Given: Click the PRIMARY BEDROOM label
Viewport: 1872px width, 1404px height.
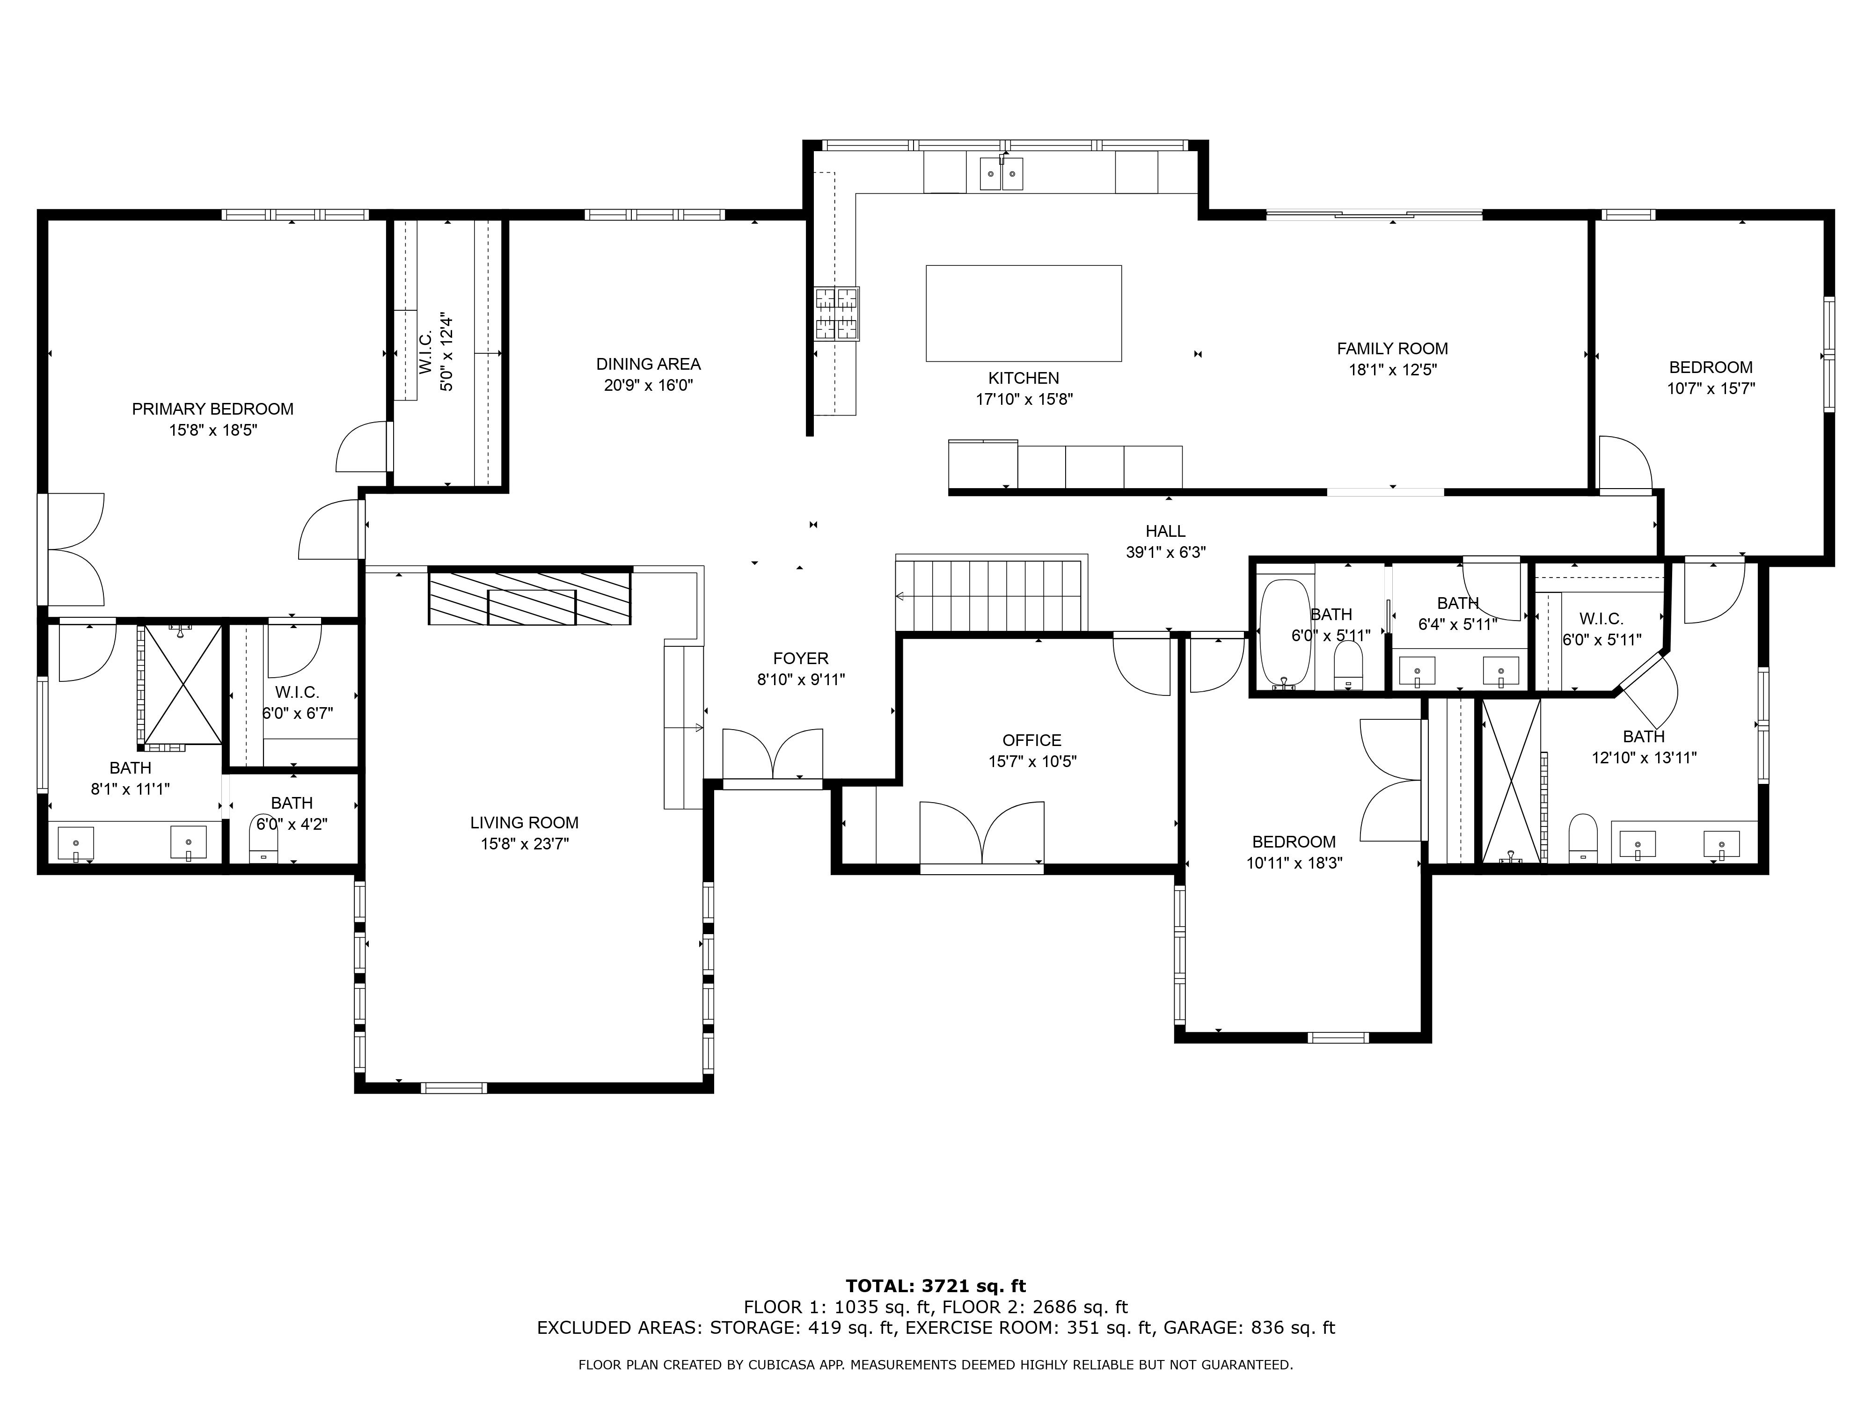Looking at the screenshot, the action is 212,409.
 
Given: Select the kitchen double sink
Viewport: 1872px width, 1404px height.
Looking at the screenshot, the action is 1002,174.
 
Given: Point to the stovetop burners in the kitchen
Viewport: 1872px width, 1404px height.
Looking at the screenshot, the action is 837,313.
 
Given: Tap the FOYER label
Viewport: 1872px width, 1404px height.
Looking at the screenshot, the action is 801,658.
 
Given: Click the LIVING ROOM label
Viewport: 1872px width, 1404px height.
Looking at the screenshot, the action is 525,823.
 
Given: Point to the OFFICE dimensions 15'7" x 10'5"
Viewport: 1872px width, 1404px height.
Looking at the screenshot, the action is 1032,761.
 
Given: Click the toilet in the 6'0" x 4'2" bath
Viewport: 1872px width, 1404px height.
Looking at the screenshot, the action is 264,838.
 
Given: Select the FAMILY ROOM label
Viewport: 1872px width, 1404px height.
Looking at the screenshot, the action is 1392,349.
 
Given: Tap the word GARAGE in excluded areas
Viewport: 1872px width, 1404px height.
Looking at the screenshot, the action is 1204,1328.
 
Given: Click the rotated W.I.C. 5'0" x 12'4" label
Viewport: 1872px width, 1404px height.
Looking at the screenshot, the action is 436,352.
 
